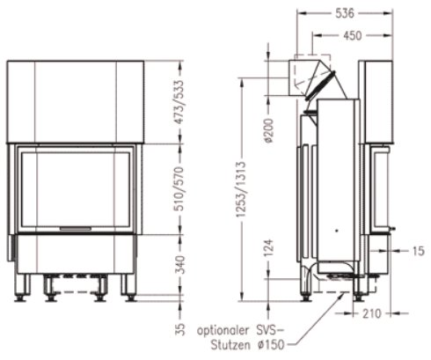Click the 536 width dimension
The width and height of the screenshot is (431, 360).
click(x=344, y=13)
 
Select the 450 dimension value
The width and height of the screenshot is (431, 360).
click(x=351, y=36)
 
